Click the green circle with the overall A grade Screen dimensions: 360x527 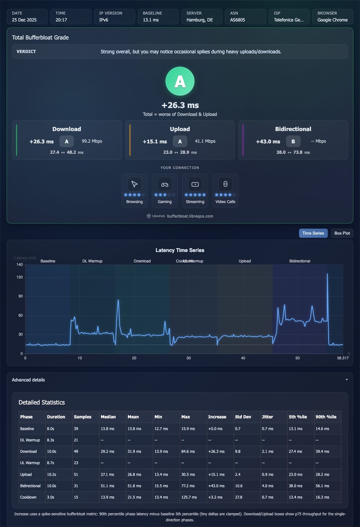tap(180, 81)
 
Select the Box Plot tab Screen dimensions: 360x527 tap(342, 233)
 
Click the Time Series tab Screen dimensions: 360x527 tap(313, 233)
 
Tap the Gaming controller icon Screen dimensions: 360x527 tap(164, 184)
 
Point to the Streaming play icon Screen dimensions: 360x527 tap(195, 184)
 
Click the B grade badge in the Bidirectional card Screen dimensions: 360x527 tap(293, 141)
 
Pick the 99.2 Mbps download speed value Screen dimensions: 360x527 tap(92, 141)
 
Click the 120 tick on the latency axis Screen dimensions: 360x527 tap(20, 277)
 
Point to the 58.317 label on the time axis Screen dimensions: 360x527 tap(342, 358)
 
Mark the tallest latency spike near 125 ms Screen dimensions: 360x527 tap(327, 274)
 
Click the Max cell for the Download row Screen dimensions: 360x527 tap(188, 451)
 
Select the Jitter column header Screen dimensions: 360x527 tap(267, 417)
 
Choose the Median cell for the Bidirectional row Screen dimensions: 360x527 tap(107, 486)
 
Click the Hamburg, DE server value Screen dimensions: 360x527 tap(200, 20)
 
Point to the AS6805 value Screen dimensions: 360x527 tap(237, 20)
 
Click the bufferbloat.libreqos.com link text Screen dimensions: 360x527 tap(190, 216)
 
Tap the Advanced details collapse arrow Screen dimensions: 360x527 tap(346, 380)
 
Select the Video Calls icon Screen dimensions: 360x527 tap(225, 184)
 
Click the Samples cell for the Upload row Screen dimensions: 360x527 tap(76, 475)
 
